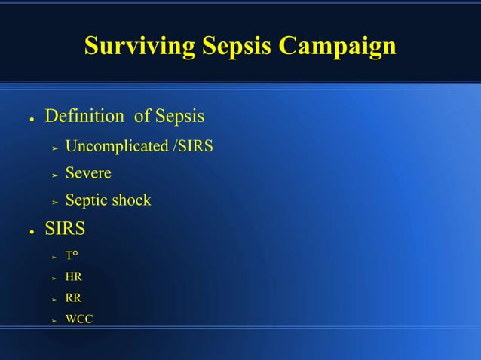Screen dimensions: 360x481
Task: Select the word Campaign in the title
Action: pos(338,47)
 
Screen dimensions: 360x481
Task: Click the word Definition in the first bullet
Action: pos(84,117)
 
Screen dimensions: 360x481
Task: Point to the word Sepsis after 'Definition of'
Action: pos(179,117)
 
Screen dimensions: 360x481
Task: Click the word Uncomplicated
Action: pos(116,146)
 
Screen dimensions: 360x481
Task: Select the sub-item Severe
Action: pos(88,173)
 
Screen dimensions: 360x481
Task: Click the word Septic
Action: pos(87,200)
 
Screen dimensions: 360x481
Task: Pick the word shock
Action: pos(131,200)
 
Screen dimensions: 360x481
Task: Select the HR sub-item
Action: pos(74,277)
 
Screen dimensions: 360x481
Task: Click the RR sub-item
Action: pos(74,298)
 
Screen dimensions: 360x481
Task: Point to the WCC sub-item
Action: pos(79,319)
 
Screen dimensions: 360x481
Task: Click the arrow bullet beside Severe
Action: pos(54,175)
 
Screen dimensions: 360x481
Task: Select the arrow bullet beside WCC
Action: pos(54,320)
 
